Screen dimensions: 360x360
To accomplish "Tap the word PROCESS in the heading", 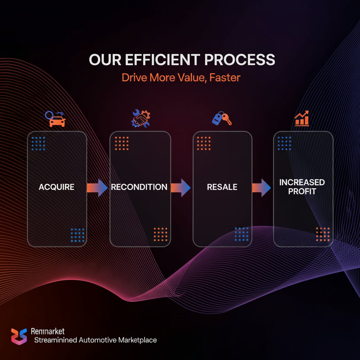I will [x=240, y=60].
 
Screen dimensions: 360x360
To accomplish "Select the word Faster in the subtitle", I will [x=225, y=77].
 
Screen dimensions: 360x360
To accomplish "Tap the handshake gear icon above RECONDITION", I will [x=140, y=118].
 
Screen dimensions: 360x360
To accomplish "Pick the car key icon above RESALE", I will [x=222, y=119].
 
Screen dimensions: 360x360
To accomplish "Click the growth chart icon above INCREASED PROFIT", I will [x=302, y=118].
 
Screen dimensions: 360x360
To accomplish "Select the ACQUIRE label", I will [x=57, y=187].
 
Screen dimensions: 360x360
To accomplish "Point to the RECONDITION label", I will [x=139, y=187].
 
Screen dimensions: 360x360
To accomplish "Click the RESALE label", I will [x=222, y=187].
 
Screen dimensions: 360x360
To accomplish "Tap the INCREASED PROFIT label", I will [x=302, y=187].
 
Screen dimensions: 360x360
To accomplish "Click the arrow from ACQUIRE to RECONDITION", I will [x=97, y=187].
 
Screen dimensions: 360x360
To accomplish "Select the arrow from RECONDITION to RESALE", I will [x=181, y=187].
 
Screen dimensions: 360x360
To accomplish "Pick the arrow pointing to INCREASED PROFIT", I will [x=262, y=187].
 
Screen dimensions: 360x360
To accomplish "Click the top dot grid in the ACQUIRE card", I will [x=38, y=143].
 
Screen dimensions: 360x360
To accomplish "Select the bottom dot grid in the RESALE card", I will [x=242, y=234].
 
